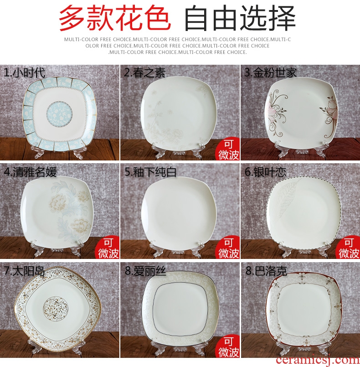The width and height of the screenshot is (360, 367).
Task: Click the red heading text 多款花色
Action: (x=115, y=19)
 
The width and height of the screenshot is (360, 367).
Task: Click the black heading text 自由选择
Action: (x=240, y=19)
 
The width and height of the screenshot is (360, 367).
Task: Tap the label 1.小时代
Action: (x=25, y=72)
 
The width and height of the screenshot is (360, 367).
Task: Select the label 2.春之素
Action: (x=145, y=72)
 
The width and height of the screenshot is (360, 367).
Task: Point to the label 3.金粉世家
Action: (x=271, y=72)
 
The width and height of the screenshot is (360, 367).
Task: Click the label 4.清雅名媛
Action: (x=31, y=172)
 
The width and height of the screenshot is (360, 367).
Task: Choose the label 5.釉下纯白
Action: (x=150, y=172)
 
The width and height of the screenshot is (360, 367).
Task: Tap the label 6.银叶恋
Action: (x=266, y=172)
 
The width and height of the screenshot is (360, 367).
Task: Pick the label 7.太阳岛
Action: (x=24, y=271)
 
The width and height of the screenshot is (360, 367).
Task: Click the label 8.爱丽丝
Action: (x=145, y=271)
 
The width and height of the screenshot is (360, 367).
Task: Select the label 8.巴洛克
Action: (x=266, y=271)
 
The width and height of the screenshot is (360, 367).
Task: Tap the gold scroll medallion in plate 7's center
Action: (x=56, y=310)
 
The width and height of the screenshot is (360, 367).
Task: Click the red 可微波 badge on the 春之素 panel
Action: (x=227, y=149)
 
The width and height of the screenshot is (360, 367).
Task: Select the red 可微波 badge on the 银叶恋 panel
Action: (x=348, y=248)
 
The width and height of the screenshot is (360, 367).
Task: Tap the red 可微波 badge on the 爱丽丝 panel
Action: (x=227, y=346)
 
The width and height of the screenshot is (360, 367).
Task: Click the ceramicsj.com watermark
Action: (x=318, y=361)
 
